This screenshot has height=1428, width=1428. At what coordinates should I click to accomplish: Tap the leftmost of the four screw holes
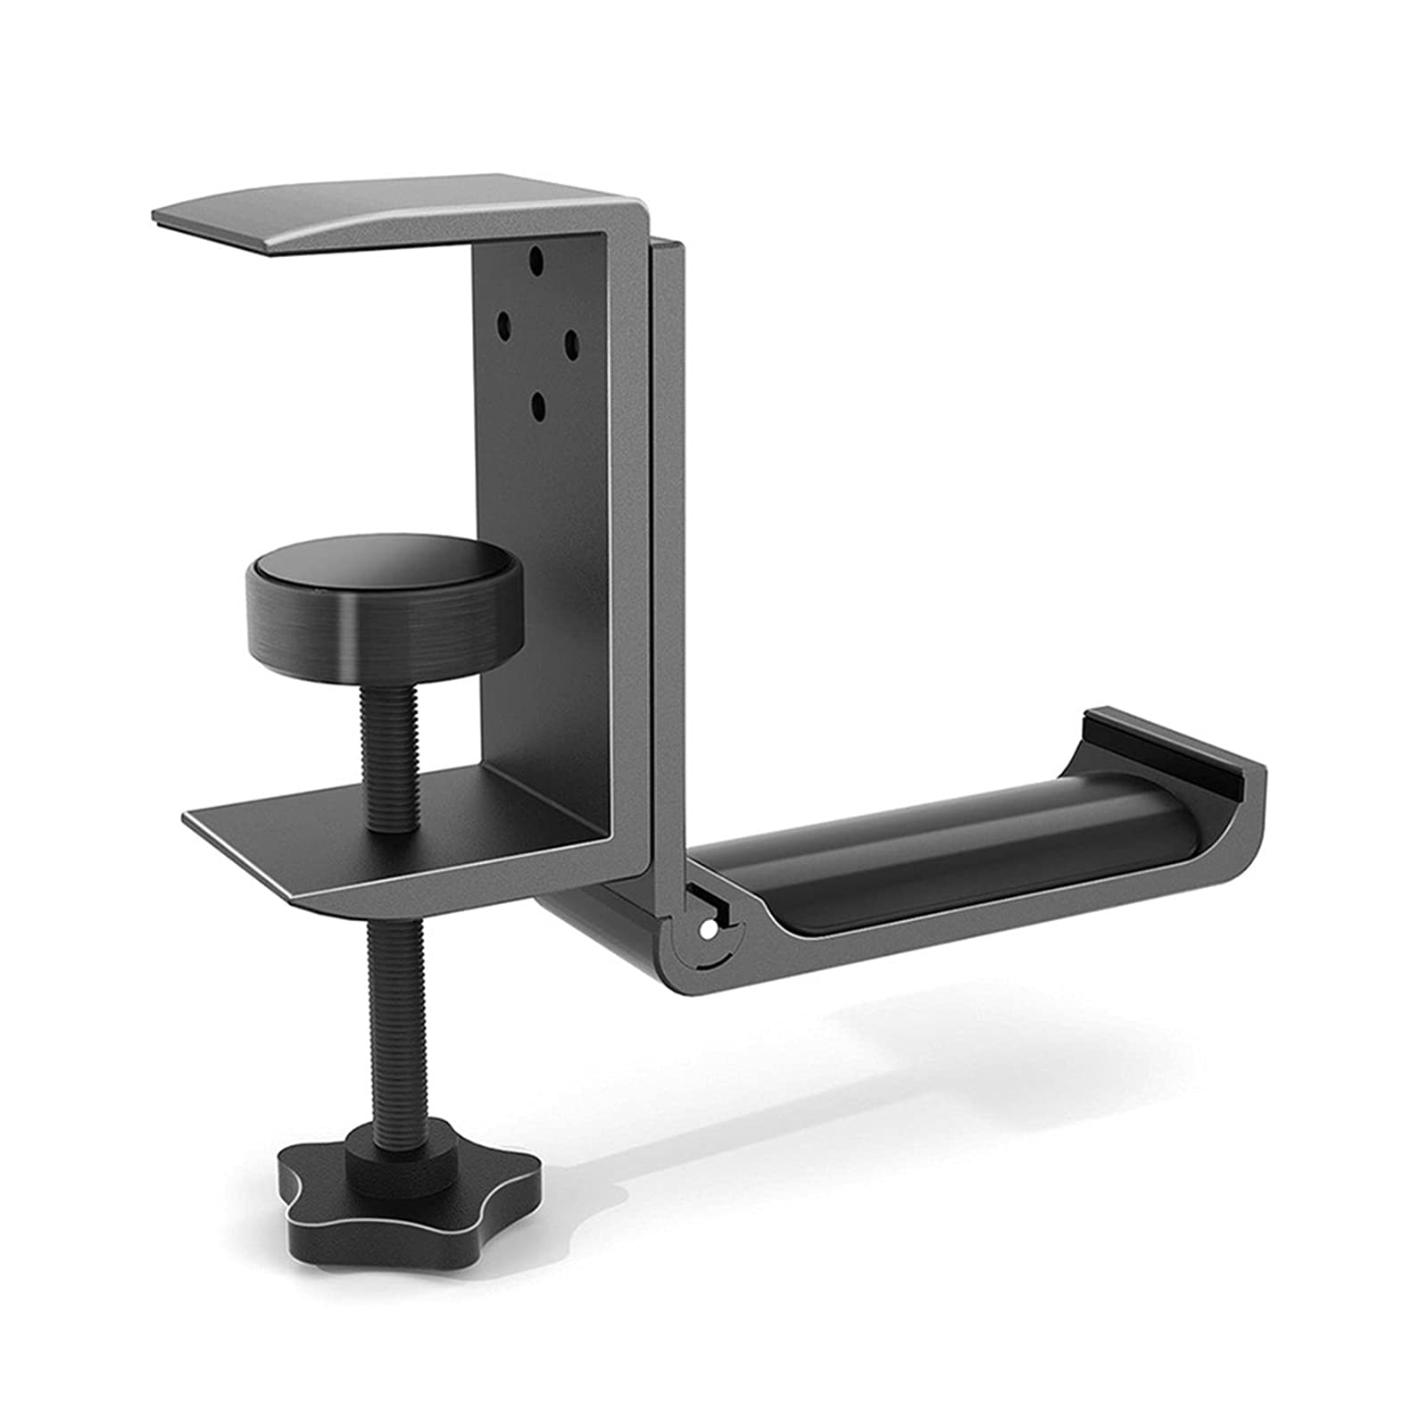point(503,320)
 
